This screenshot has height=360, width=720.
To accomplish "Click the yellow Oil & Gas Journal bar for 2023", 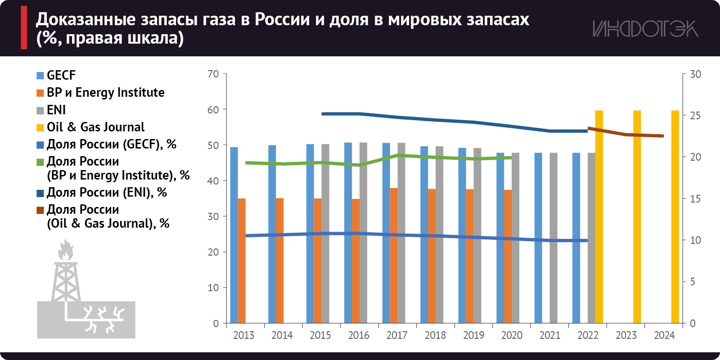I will point(637,216).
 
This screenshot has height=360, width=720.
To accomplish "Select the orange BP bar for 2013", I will point(242,261).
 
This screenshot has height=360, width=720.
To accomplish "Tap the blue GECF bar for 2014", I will point(272,234).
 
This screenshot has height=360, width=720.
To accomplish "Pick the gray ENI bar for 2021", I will point(553,238).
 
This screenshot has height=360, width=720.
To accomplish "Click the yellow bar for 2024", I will point(675,216).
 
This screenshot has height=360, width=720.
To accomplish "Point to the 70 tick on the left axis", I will point(213,74).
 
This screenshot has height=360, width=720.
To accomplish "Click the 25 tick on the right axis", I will point(695,116).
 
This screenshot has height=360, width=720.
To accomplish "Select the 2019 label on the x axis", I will point(473,335).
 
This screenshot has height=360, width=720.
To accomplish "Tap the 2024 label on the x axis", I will point(664,335).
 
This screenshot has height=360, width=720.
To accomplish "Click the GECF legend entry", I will point(61,75).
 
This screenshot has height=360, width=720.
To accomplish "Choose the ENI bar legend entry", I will point(56,110).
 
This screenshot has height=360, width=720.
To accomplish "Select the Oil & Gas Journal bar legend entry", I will point(95,127).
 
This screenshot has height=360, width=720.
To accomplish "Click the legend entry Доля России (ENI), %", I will point(107,193).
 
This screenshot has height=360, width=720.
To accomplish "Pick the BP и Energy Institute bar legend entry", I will point(105,93).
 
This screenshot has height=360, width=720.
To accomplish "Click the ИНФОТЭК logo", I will point(645,29).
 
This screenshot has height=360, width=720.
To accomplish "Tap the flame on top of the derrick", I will point(66,250).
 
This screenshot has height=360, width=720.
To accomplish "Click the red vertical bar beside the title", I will point(24,27).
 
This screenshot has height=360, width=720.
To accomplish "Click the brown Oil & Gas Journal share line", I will point(625,134).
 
